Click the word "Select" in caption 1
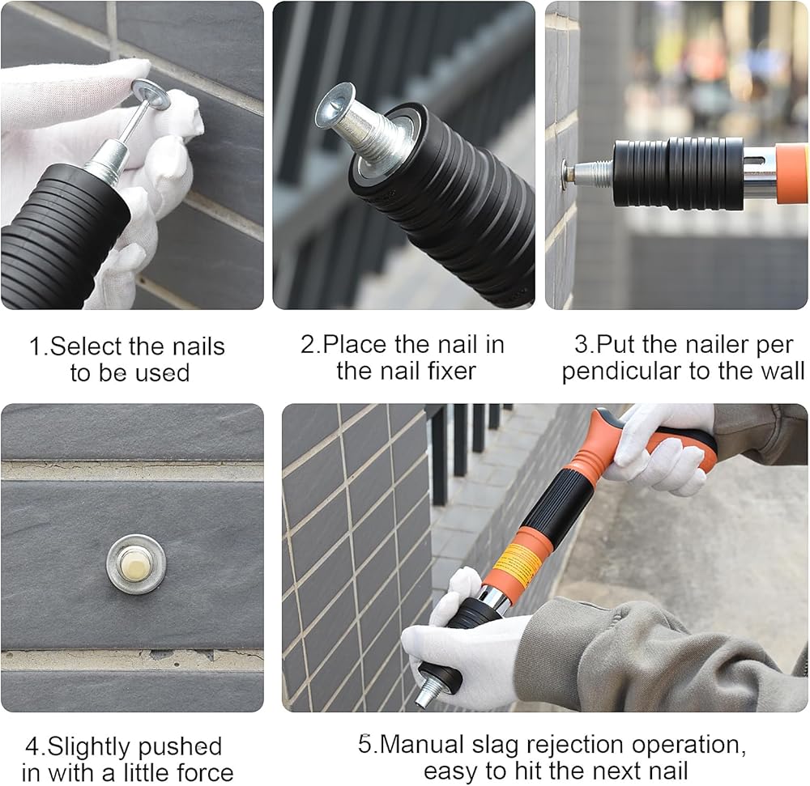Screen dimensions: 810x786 87,346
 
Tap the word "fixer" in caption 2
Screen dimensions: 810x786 450,371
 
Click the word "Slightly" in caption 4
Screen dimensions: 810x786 90,748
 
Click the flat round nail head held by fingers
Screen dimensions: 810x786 151,93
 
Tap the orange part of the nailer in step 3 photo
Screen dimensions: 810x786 792,173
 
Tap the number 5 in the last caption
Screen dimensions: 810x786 364,746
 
